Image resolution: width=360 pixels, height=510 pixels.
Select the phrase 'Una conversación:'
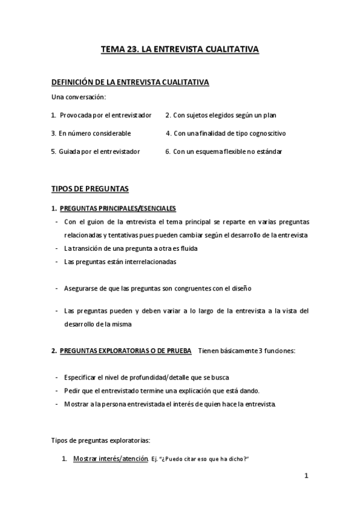tap(78, 97)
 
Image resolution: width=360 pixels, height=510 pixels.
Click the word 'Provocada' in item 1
tap(75, 115)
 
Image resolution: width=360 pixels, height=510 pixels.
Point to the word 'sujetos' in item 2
tap(201, 115)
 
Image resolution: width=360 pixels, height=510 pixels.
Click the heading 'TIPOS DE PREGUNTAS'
tap(90, 189)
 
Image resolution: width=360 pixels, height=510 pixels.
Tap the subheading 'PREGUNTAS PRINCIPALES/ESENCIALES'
tap(118, 208)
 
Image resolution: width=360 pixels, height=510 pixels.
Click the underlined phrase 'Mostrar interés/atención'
tap(111, 459)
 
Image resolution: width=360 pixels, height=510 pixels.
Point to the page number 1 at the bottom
tap(306, 477)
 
